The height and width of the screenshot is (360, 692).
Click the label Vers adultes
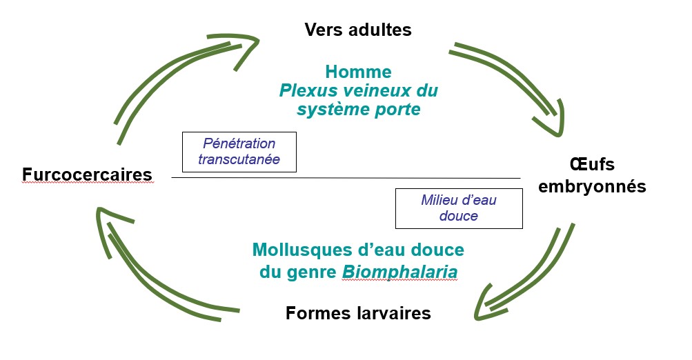pyautogui.click(x=358, y=30)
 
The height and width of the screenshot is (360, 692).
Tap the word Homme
pyautogui.click(x=358, y=72)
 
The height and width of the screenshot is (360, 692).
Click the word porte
pyautogui.click(x=397, y=110)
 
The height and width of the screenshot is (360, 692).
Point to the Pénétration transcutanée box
pyautogui.click(x=239, y=152)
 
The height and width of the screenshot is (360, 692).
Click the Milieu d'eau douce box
pyautogui.click(x=459, y=208)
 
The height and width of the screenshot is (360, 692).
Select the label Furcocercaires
pyautogui.click(x=87, y=174)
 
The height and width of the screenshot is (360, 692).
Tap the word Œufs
pyautogui.click(x=592, y=165)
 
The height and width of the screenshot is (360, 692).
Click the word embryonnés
pyautogui.click(x=592, y=186)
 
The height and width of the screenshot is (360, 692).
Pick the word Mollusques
pyautogui.click(x=302, y=250)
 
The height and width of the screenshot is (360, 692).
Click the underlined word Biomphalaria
pyautogui.click(x=400, y=272)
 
